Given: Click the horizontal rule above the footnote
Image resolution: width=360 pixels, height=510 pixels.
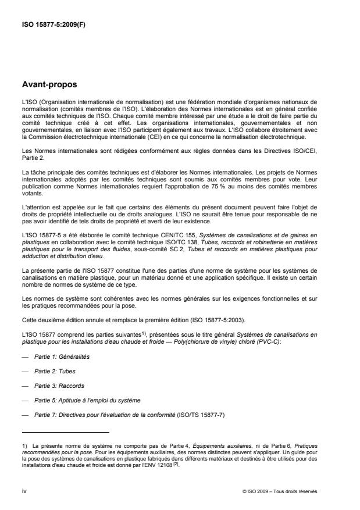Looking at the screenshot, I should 65,433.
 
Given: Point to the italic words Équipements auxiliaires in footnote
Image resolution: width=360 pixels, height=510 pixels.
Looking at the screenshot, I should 162,445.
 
